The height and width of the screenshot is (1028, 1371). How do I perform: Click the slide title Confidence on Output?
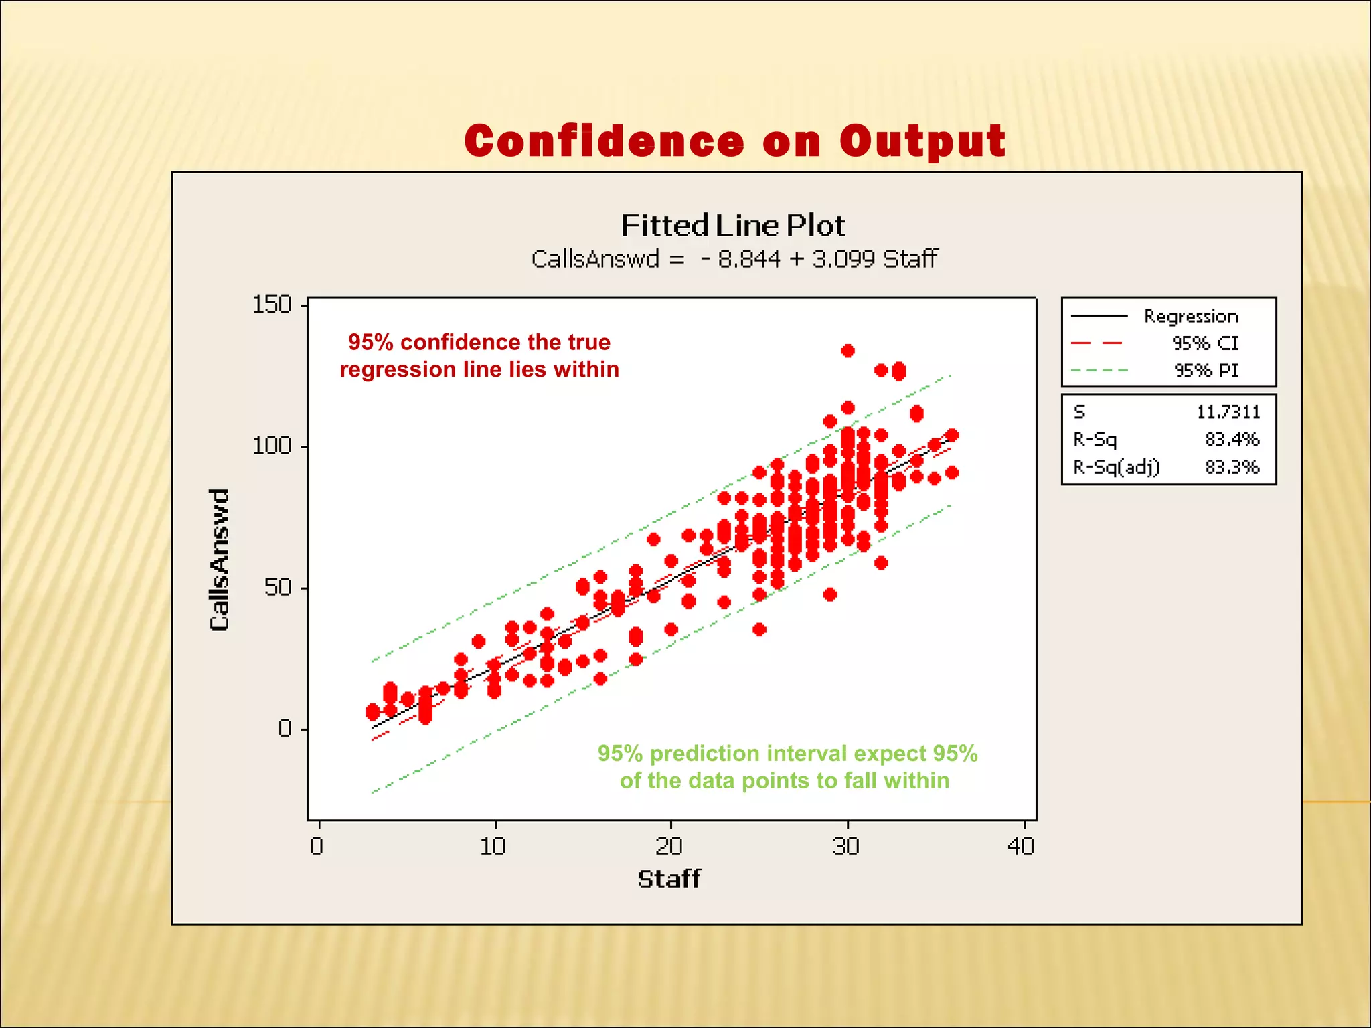[x=734, y=141]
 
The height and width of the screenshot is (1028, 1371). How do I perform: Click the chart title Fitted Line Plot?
[x=732, y=226]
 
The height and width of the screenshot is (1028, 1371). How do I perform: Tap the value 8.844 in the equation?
[x=748, y=259]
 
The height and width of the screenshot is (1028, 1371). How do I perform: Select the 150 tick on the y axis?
[x=272, y=305]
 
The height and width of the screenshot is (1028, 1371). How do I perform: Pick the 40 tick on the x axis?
[x=1021, y=847]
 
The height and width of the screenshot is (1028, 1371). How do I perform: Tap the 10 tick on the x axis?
[x=493, y=847]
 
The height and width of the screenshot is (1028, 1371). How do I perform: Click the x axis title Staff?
[x=668, y=879]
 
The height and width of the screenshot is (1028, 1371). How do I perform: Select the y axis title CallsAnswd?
[x=220, y=560]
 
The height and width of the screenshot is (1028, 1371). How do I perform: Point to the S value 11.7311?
[x=1228, y=412]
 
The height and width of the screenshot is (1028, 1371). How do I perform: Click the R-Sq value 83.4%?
[x=1232, y=440]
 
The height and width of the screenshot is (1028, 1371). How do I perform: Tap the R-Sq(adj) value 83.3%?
[x=1232, y=467]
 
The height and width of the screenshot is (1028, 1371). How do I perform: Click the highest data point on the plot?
[x=848, y=351]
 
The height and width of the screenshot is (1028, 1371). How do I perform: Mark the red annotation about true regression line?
[x=479, y=356]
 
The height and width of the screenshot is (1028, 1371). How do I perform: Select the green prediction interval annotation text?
[x=787, y=767]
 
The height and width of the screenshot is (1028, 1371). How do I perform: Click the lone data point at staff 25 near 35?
[x=759, y=630]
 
